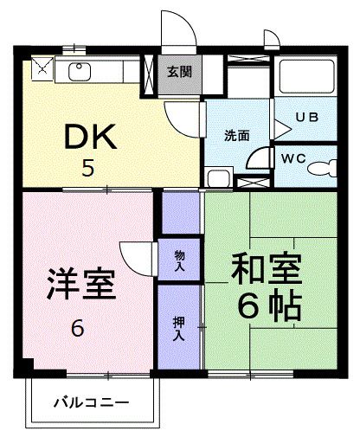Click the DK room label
coord(87,136)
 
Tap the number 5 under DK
coord(87,168)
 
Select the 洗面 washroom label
coord(237,136)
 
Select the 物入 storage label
coord(179,260)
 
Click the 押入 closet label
coord(179,326)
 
